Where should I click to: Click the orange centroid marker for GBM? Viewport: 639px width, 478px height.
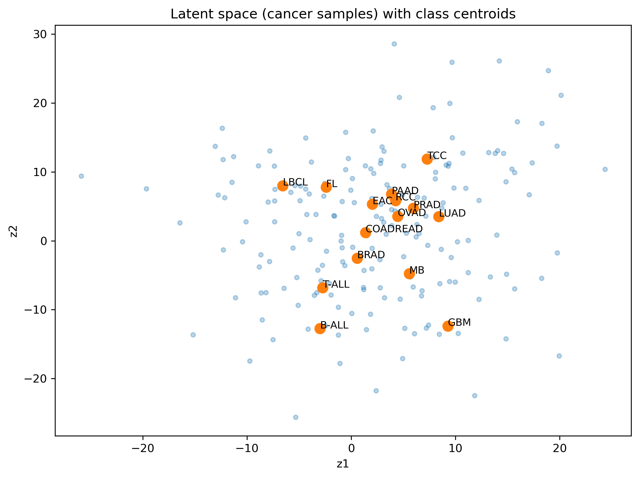coord(448,326)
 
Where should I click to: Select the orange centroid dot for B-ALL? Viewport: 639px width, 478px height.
coord(320,328)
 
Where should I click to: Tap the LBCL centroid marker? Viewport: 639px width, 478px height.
coord(283,186)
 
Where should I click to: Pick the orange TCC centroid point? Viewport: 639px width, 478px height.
coord(427,159)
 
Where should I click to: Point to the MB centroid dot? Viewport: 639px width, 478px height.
coord(409,273)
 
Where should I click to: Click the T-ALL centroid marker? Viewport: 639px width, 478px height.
coord(322,288)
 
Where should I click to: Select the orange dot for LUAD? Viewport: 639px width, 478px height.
coord(438,217)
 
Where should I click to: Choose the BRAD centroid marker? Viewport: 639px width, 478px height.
coord(357,258)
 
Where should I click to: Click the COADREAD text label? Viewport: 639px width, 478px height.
coord(394,229)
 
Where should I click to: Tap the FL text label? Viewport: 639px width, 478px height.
coord(332,184)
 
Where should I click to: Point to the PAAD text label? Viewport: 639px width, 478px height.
coord(405,191)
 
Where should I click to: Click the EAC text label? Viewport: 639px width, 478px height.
coord(383,201)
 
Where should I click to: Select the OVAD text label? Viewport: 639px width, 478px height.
coord(412,213)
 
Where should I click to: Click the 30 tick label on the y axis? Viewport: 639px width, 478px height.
coord(40,34)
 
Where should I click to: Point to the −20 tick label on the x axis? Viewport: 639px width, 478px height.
coord(143,449)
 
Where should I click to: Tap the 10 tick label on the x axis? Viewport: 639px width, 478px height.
coord(456,449)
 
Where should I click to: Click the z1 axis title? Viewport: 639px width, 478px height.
coord(343,464)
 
